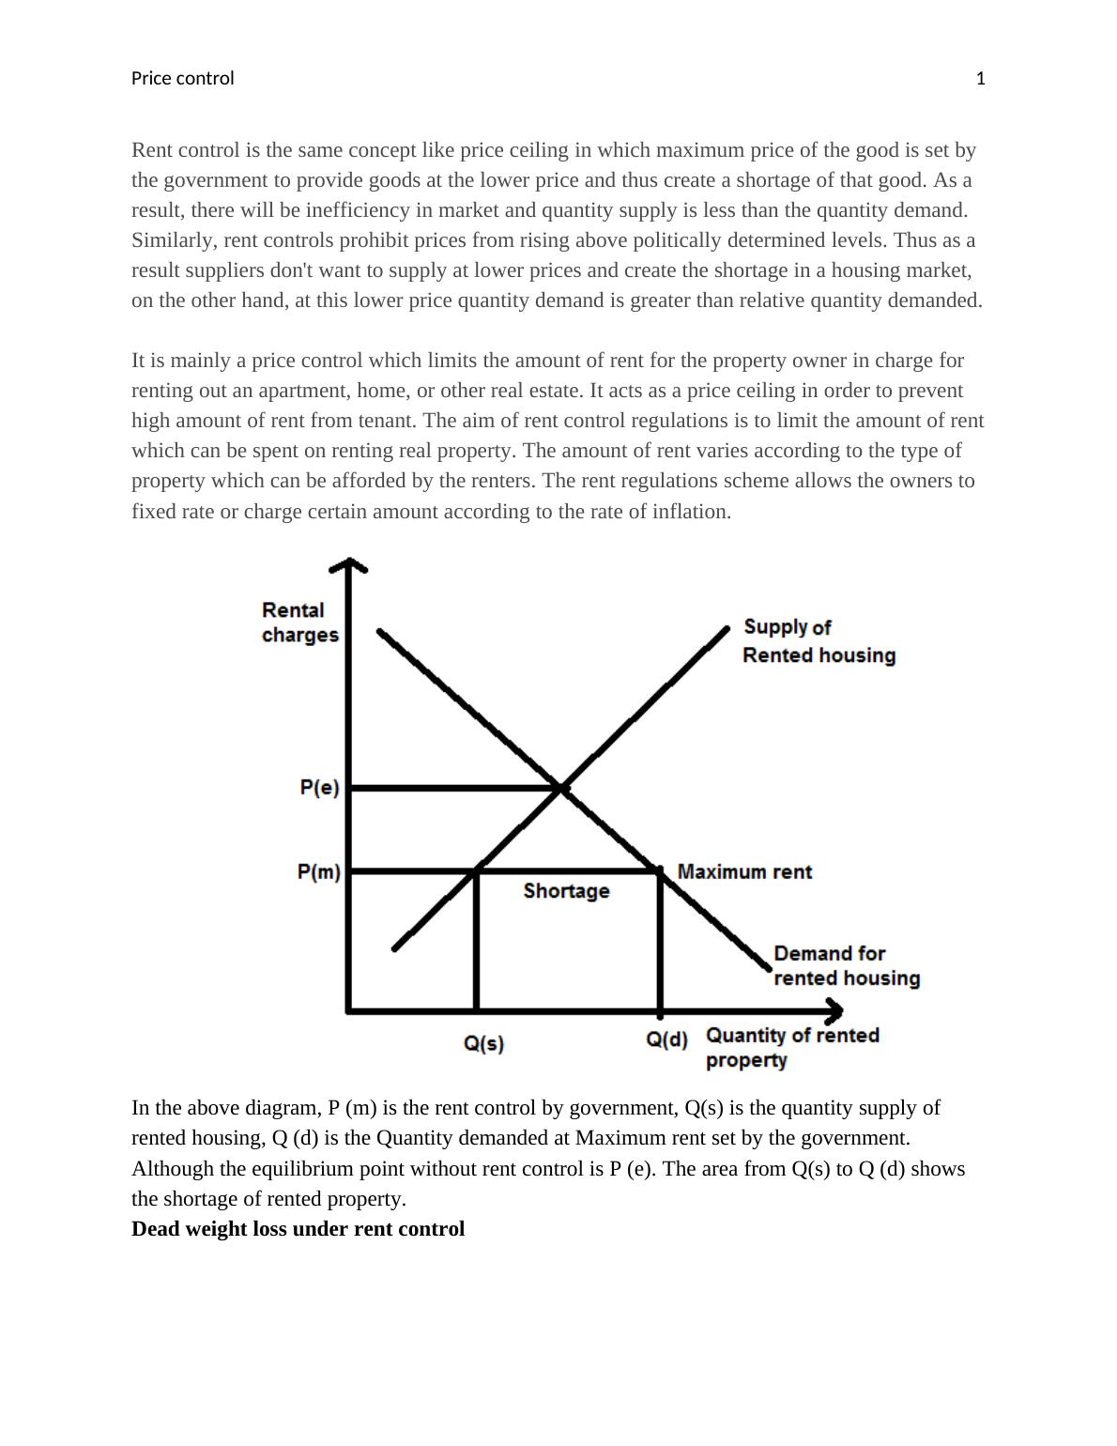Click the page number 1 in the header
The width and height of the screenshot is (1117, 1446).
(x=981, y=79)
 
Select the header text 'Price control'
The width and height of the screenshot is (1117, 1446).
(x=182, y=79)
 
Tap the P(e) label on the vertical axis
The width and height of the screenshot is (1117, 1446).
(x=319, y=788)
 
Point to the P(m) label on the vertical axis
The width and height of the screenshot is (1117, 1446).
(x=319, y=872)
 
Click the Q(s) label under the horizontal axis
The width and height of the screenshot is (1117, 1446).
(x=484, y=1044)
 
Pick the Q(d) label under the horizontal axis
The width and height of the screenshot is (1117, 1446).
(x=666, y=1040)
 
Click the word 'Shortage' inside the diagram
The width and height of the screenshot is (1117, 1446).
(x=566, y=891)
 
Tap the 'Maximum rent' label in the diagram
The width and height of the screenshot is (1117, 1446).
(x=744, y=872)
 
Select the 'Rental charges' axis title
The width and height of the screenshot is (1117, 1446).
(x=299, y=623)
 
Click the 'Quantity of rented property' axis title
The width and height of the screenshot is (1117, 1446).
(x=791, y=1047)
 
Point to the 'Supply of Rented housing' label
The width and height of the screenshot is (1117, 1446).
(x=819, y=641)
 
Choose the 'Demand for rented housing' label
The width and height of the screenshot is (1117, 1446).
(x=846, y=966)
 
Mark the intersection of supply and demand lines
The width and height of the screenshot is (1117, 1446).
(x=561, y=788)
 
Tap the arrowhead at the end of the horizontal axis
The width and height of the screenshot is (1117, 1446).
(x=834, y=1011)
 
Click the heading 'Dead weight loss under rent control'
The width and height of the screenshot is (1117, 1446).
(x=298, y=1229)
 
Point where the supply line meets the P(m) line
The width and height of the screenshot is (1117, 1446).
(x=477, y=871)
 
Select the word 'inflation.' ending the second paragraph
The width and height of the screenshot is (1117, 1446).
(x=691, y=512)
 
